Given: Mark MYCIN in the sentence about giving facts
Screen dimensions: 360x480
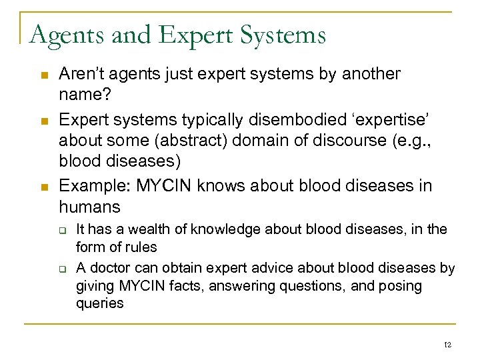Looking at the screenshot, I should pyautogui.click(x=137, y=286).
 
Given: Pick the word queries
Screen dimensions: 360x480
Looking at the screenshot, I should pyautogui.click(x=100, y=303).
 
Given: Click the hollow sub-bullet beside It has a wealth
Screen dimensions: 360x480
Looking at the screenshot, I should pyautogui.click(x=62, y=231).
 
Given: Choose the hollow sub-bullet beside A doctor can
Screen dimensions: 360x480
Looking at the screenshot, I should pyautogui.click(x=62, y=269).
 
